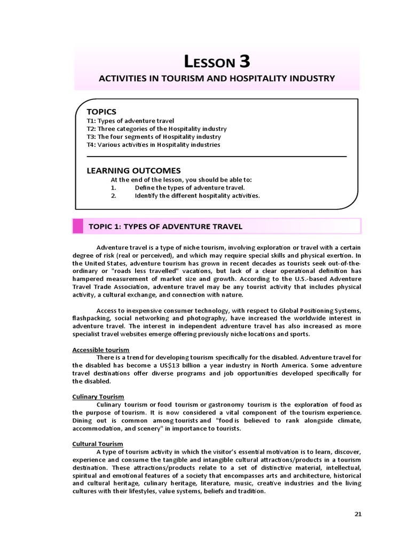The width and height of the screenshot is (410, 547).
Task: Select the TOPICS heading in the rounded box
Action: [x=101, y=112]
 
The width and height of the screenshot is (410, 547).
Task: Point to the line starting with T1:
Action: [x=130, y=121]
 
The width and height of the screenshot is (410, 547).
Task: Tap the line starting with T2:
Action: [x=156, y=129]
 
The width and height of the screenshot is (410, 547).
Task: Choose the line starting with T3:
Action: [x=154, y=137]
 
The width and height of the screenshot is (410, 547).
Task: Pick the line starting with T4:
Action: [x=153, y=145]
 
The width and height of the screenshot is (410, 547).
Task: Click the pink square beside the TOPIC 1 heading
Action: [x=78, y=226]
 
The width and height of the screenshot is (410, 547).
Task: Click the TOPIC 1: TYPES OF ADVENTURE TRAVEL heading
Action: [x=165, y=226]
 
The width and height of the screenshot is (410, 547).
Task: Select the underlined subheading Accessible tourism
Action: [x=101, y=349]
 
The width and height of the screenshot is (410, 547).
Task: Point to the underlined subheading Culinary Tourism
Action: [x=98, y=396]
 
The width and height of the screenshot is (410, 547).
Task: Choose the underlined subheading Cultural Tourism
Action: [x=98, y=444]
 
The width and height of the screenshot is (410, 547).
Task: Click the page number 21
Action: [x=358, y=514]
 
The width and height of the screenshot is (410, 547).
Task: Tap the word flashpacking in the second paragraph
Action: [x=92, y=318]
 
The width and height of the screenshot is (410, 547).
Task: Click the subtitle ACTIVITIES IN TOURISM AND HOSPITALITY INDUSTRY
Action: [x=217, y=79]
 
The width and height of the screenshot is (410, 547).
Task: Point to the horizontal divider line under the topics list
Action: [x=216, y=157]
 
